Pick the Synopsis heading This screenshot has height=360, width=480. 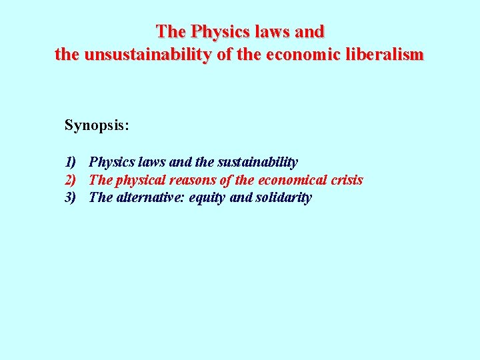click(x=97, y=125)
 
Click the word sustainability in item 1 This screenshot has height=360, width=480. click(x=257, y=162)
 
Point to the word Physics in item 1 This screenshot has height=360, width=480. click(x=110, y=162)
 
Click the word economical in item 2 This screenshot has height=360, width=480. click(x=291, y=180)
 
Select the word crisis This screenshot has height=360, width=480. click(x=347, y=180)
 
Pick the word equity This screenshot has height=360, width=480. click(x=207, y=198)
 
